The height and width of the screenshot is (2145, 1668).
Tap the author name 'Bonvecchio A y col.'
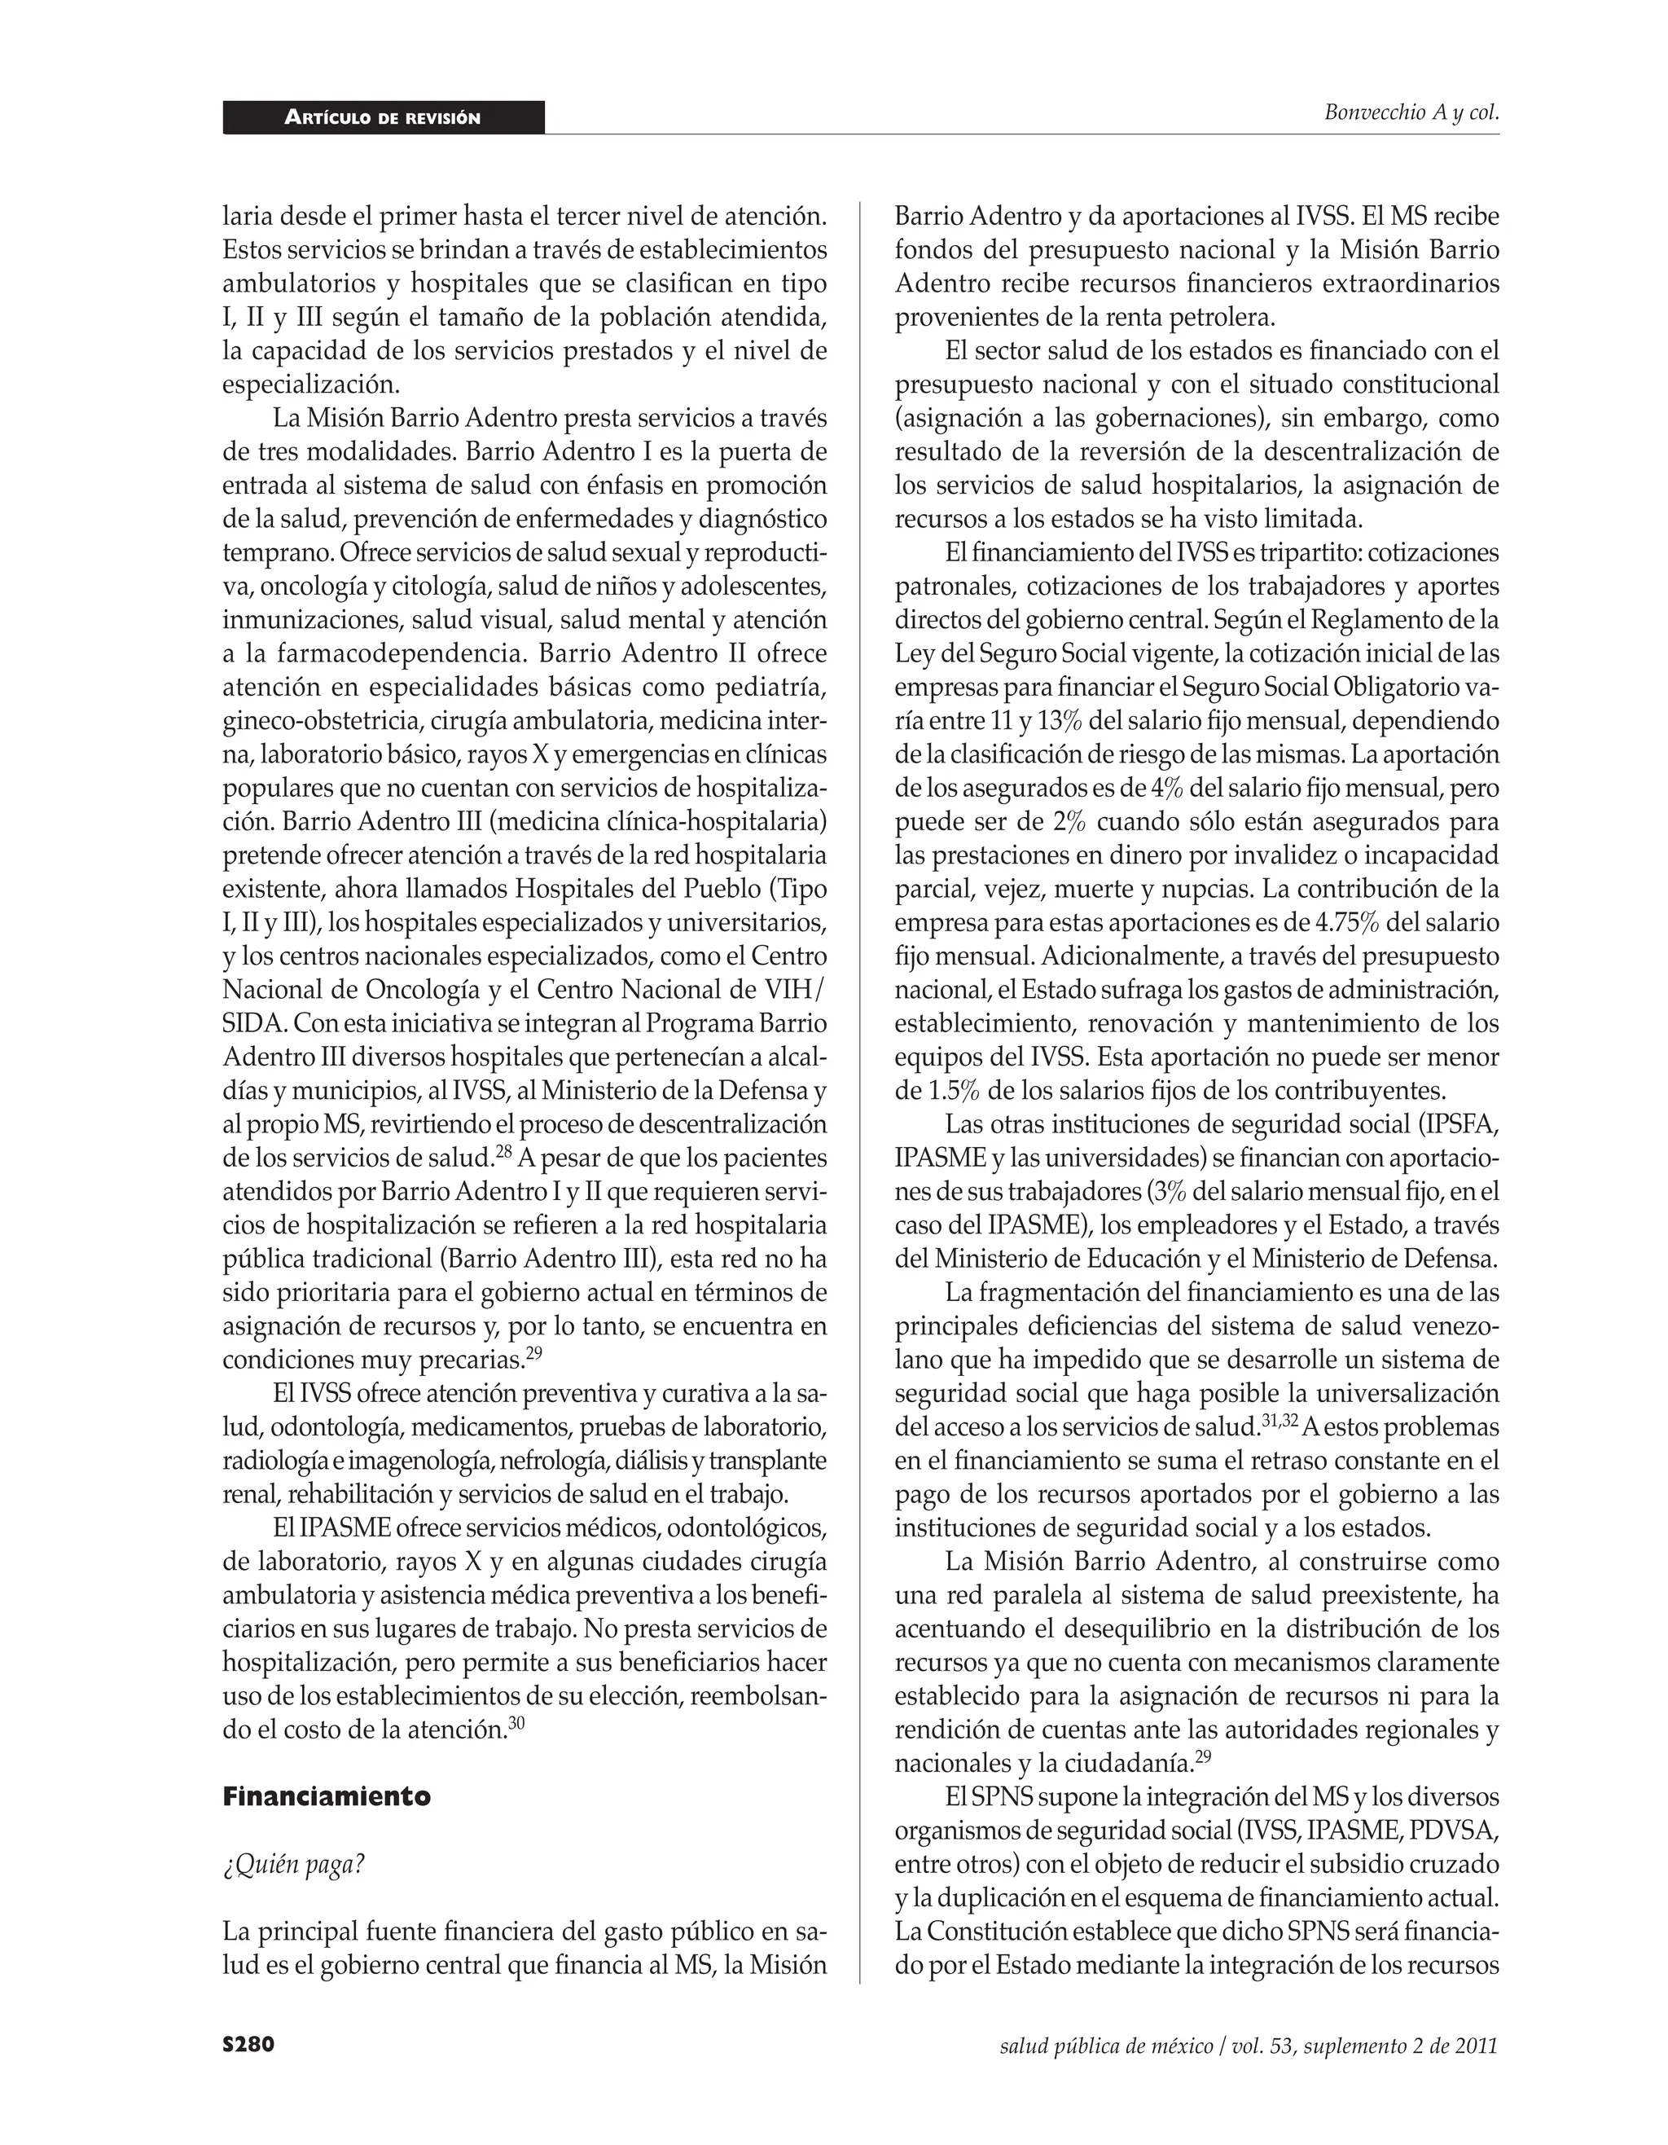click(x=1411, y=112)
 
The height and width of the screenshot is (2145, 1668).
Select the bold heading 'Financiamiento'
click(x=326, y=1796)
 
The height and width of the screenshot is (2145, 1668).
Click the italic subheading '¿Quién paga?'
click(x=293, y=1864)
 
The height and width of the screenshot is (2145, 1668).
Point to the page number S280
click(x=248, y=2045)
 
